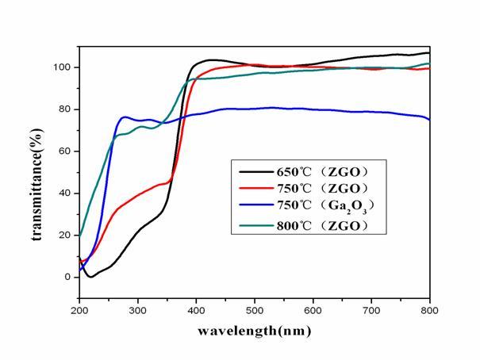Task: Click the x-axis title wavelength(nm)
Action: (x=254, y=330)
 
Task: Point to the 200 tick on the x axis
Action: (x=80, y=310)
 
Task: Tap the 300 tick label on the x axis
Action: (x=138, y=310)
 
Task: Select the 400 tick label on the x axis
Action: (x=197, y=310)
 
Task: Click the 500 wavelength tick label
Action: (x=255, y=310)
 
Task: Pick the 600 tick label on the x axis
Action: (x=313, y=310)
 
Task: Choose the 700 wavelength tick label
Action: (x=371, y=310)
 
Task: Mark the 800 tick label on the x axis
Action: (x=428, y=310)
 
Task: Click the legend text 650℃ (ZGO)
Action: (x=321, y=170)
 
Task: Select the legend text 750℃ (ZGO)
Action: (x=321, y=190)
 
